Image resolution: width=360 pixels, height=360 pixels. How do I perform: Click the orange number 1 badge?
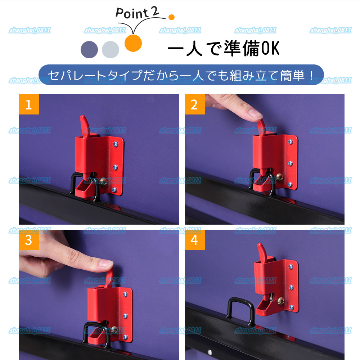[29, 104]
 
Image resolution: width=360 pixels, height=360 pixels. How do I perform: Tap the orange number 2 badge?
[194, 104]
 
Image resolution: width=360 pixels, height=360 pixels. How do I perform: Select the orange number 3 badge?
[29, 240]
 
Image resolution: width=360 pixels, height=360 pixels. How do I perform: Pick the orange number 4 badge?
[194, 240]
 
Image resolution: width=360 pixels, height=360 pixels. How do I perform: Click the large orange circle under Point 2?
[133, 43]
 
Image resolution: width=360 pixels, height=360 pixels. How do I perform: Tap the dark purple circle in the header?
[89, 49]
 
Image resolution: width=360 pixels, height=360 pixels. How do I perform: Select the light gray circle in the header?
[110, 49]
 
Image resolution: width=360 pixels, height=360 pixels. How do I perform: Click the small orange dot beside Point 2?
[171, 17]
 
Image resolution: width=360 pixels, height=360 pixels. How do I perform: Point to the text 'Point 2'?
[137, 13]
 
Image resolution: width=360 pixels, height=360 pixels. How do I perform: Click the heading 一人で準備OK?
[223, 49]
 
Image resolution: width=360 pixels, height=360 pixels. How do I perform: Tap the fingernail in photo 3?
[107, 264]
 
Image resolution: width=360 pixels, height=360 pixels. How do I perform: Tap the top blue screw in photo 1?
[115, 144]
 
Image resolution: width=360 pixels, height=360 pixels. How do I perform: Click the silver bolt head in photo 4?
[279, 299]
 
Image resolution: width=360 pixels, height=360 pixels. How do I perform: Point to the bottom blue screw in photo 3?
[125, 337]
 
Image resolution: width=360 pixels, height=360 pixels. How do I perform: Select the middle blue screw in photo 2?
[290, 164]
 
